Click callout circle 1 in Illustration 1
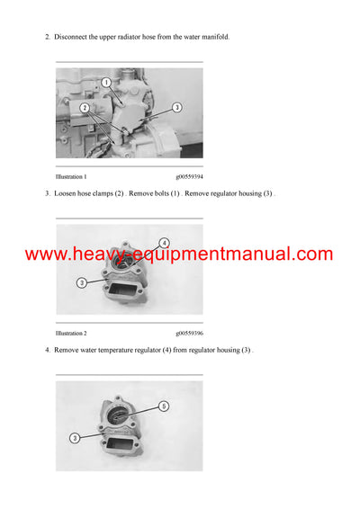(x=105, y=83)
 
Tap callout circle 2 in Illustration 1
(x=85, y=107)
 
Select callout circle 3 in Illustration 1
(x=176, y=107)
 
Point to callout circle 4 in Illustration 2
(x=164, y=242)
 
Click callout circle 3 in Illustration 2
(x=82, y=282)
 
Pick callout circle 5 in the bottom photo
(x=164, y=406)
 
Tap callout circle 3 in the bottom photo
(x=76, y=438)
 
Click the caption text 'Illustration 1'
(x=71, y=177)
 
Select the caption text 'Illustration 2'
(x=71, y=333)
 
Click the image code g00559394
(x=189, y=177)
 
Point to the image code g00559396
(x=189, y=333)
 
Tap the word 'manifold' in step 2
(x=213, y=37)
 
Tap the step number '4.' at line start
(x=47, y=349)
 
